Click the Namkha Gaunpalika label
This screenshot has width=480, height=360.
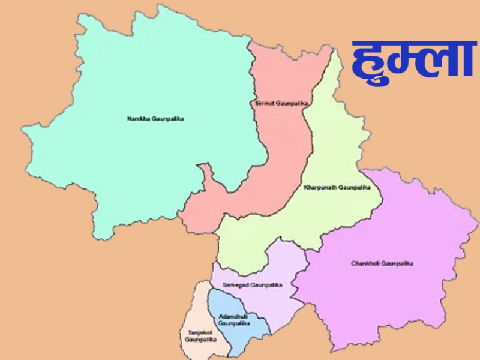tap(155, 119)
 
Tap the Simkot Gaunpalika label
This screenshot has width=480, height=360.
tap(281, 104)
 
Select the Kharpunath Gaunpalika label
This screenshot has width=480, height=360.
tap(338, 188)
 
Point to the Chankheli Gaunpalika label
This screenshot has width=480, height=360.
tap(383, 263)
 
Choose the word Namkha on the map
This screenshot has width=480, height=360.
tap(136, 119)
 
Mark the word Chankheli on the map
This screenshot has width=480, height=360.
tap(365, 263)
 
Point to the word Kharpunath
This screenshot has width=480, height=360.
tap(320, 188)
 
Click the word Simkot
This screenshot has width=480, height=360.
tap(265, 104)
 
